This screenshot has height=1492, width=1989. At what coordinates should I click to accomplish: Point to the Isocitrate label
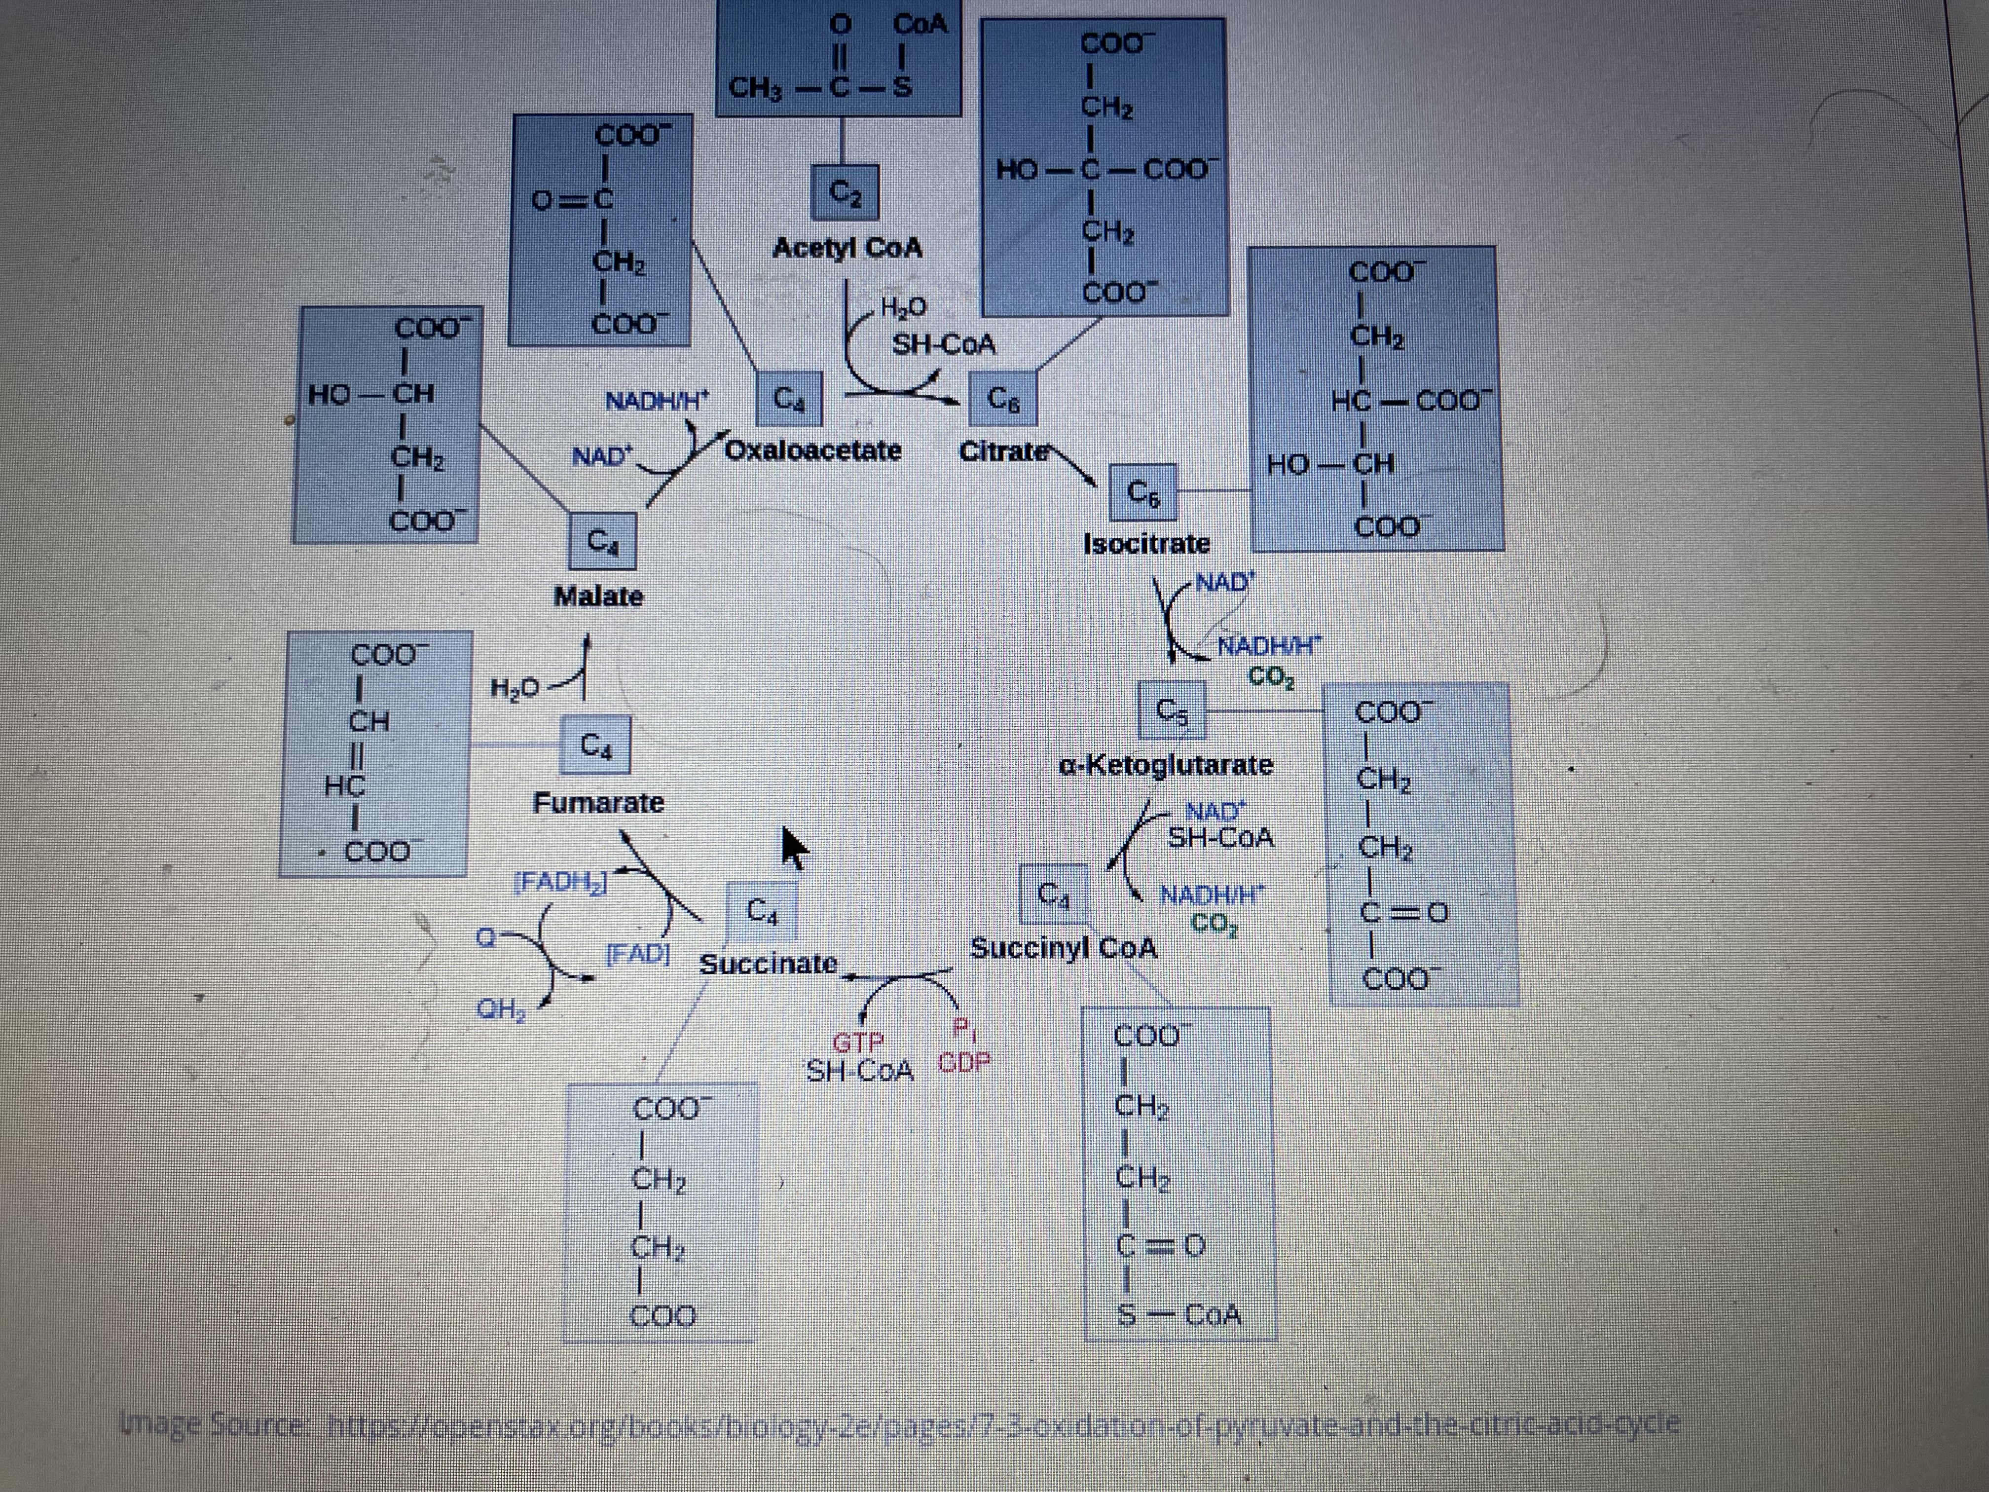pyautogui.click(x=1146, y=543)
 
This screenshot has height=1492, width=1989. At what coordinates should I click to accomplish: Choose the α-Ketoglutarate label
pyautogui.click(x=1166, y=764)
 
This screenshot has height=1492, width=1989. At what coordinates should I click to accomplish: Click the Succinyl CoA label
pyautogui.click(x=1064, y=947)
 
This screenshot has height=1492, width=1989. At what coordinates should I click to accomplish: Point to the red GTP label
pyautogui.click(x=859, y=1043)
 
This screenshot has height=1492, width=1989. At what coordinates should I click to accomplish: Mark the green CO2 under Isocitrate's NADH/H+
pyautogui.click(x=1271, y=676)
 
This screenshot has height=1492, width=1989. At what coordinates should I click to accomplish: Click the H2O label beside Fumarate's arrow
pyautogui.click(x=515, y=688)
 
